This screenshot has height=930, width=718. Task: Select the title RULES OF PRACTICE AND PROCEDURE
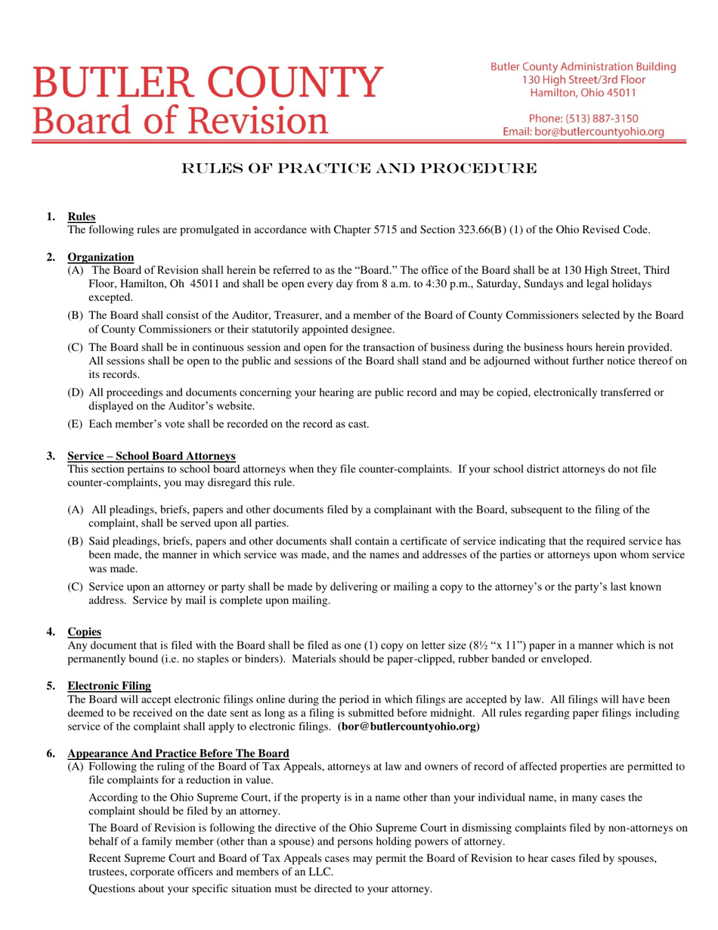click(x=360, y=168)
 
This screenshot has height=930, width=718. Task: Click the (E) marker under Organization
click(x=76, y=423)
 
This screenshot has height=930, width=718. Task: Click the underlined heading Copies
click(x=85, y=631)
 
